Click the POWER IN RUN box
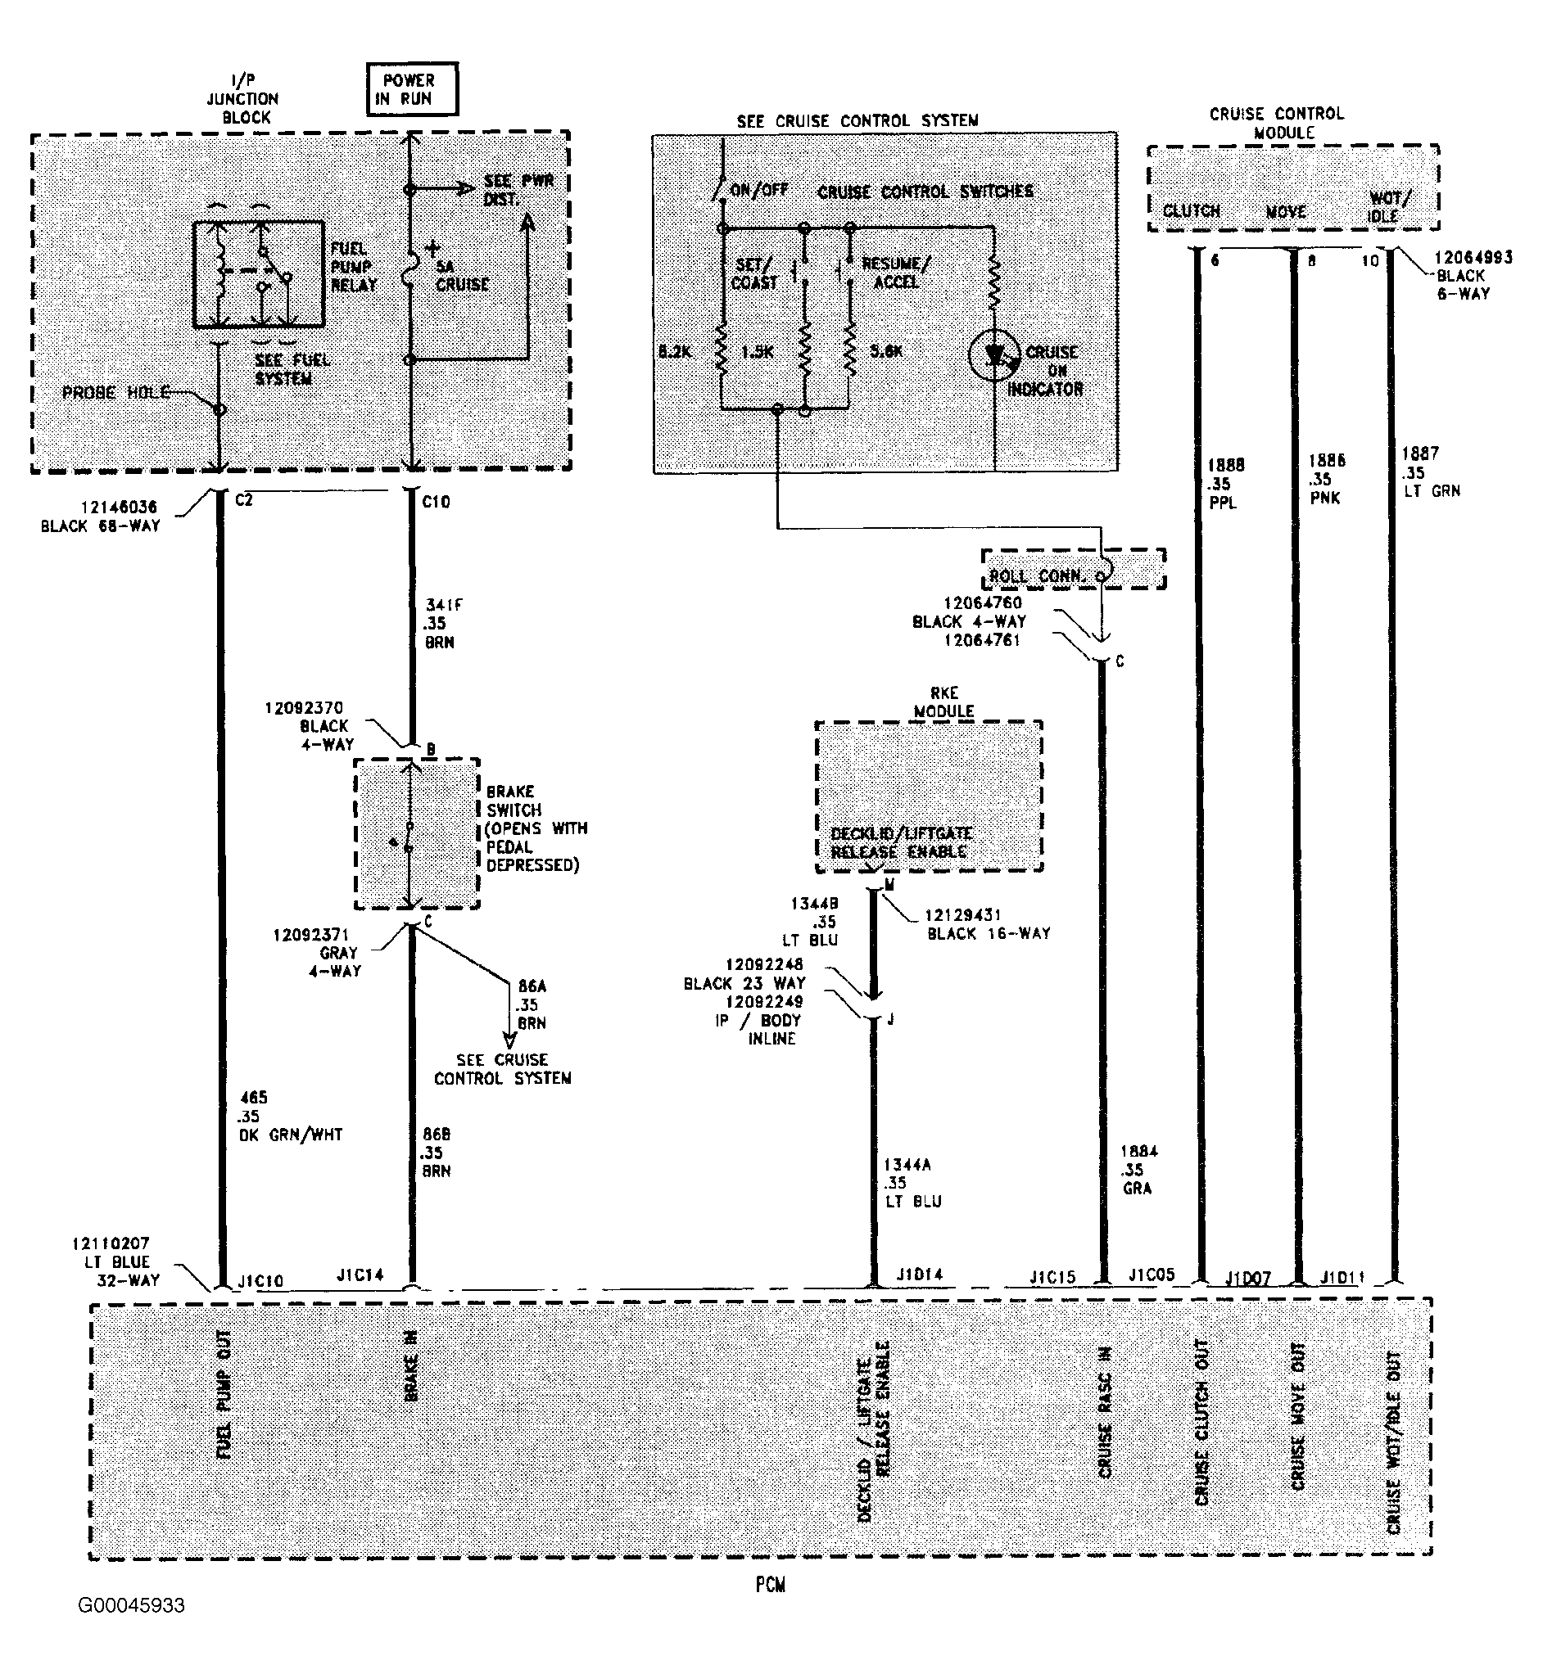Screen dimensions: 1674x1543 point(412,88)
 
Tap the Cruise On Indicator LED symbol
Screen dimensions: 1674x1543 point(994,355)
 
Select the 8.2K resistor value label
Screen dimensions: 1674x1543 point(675,351)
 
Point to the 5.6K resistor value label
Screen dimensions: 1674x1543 point(886,350)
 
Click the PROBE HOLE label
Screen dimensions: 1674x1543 point(116,392)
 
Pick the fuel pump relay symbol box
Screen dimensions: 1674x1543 point(259,273)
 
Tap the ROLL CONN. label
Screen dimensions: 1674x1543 point(1037,575)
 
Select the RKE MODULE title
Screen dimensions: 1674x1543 point(943,701)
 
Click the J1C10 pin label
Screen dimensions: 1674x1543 point(260,1280)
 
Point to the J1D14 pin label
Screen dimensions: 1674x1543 point(919,1275)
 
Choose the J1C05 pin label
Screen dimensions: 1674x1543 point(1152,1275)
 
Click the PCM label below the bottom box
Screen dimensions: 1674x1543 point(770,1584)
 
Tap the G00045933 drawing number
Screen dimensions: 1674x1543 point(131,1604)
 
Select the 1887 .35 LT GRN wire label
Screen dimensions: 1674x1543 point(1430,472)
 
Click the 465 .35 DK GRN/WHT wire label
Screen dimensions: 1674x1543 point(290,1116)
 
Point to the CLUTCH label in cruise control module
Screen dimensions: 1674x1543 point(1192,210)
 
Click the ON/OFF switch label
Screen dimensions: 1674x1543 point(758,189)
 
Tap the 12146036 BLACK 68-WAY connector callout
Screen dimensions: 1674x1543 point(100,516)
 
